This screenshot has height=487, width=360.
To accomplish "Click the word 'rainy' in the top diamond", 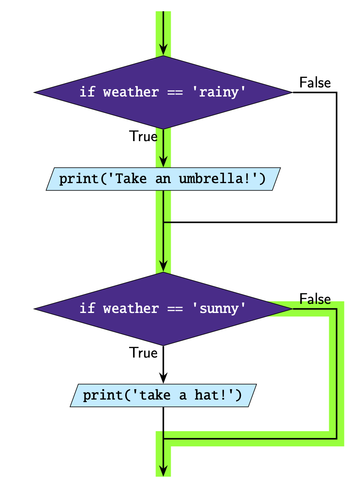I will (x=219, y=92).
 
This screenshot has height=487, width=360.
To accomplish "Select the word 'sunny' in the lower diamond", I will (x=219, y=309).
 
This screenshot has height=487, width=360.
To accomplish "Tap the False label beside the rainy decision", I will (x=315, y=83).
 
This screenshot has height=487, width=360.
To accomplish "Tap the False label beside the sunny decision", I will (x=315, y=299).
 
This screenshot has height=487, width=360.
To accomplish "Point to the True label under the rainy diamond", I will (x=143, y=137).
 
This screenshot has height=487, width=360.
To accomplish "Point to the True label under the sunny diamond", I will (x=143, y=353).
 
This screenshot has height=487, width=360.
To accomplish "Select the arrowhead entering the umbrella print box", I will (x=163, y=161).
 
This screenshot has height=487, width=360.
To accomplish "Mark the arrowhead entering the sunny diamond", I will (x=163, y=266).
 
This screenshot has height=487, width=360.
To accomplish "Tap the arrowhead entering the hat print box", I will (x=163, y=377).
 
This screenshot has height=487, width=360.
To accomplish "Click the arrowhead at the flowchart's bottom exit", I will (x=163, y=470).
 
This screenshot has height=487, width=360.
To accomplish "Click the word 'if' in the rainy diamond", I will (x=87, y=92).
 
